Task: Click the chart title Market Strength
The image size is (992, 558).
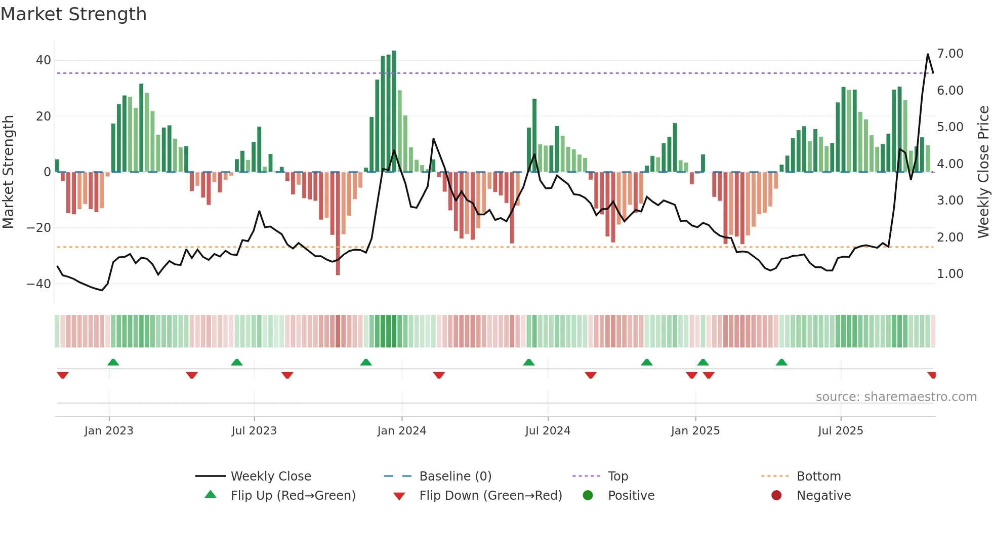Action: coord(73,14)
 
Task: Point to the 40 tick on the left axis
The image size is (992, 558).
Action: coord(44,60)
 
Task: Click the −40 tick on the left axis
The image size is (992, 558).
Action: coord(39,284)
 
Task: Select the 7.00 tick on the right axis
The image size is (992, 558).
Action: coord(950,54)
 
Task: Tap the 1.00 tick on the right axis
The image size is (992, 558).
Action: coord(950,274)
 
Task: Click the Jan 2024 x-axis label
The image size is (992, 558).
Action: coord(402,431)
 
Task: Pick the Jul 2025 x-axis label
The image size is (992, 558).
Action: coord(841,431)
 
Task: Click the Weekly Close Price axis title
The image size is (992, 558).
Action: coord(983,172)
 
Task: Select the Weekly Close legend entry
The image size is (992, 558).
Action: coord(271,476)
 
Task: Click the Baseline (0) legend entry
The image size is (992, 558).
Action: coord(455,476)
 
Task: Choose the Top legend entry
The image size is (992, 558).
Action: coord(617,476)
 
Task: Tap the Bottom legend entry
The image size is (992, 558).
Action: coord(818,476)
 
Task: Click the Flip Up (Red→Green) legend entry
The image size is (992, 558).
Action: coord(293,496)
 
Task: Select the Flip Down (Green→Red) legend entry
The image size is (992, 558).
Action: coord(490,496)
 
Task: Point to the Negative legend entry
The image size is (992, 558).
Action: coord(823,496)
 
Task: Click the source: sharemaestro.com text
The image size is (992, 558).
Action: coord(896,397)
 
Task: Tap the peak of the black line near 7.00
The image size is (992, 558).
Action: coord(928,54)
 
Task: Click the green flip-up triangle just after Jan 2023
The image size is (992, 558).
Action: coord(113,362)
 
